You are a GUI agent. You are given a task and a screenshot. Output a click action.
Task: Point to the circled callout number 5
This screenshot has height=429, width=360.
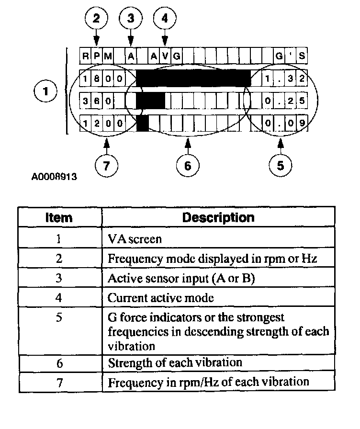click(280, 165)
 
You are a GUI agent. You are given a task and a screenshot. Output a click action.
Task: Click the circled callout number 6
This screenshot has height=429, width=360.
click(187, 165)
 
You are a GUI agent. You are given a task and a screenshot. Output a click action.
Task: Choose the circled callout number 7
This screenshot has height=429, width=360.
click(106, 165)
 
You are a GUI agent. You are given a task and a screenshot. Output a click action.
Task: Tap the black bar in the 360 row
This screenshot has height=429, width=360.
click(150, 101)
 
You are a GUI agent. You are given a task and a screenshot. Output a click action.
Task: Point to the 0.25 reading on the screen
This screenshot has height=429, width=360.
click(284, 101)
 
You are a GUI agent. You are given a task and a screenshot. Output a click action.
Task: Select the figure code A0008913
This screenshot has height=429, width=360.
click(54, 177)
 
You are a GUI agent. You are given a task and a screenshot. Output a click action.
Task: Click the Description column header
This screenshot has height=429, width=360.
click(218, 217)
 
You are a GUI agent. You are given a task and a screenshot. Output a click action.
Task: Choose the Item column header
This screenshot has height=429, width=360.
click(59, 218)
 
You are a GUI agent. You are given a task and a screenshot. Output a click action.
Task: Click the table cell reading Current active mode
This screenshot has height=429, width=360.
click(160, 298)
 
